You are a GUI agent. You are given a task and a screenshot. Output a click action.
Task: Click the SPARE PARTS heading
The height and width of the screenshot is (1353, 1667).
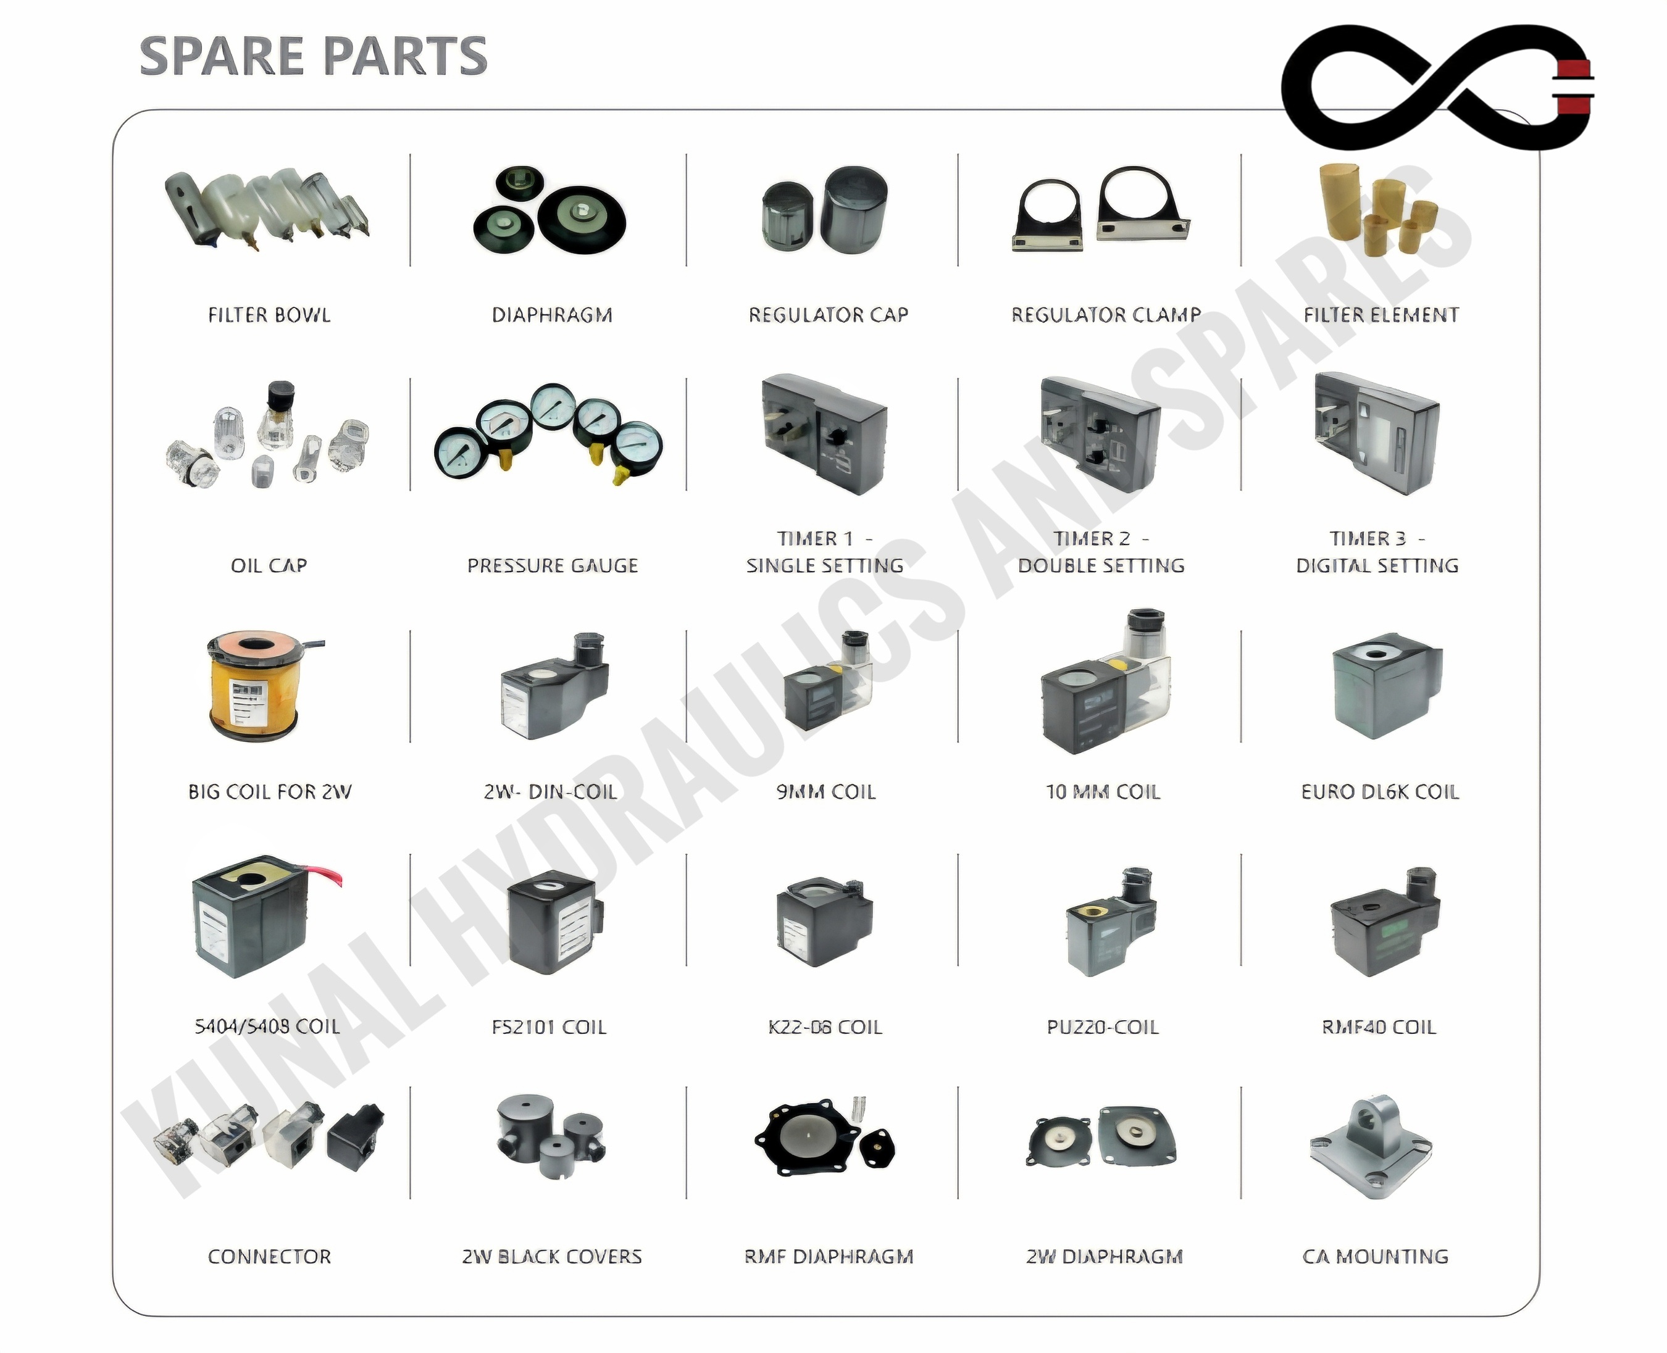(x=314, y=56)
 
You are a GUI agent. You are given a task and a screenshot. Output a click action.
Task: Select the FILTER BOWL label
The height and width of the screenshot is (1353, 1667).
(x=269, y=315)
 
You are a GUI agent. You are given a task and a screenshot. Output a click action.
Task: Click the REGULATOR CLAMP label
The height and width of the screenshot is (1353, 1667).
(x=1106, y=315)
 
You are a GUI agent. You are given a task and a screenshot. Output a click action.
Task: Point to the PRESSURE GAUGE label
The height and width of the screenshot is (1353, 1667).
(x=552, y=566)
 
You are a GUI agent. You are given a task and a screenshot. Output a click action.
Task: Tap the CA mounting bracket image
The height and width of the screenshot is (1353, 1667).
(x=1371, y=1146)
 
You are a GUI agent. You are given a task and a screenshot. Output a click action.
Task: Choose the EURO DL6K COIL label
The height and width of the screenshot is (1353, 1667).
(x=1379, y=792)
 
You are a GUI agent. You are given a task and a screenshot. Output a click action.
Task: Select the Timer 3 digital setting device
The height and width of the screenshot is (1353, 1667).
(x=1376, y=433)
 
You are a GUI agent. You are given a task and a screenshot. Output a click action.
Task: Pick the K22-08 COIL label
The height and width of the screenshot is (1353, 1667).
(x=825, y=1027)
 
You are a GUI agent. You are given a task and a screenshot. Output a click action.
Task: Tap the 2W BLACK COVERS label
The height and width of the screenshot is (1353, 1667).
(x=552, y=1256)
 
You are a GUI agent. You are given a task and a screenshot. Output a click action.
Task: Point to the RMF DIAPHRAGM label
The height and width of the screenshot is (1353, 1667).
(x=828, y=1256)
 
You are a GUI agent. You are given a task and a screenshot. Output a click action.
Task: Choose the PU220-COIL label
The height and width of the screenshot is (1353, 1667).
(x=1103, y=1027)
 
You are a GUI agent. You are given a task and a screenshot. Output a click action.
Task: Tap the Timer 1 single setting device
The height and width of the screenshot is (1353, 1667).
(x=824, y=433)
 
